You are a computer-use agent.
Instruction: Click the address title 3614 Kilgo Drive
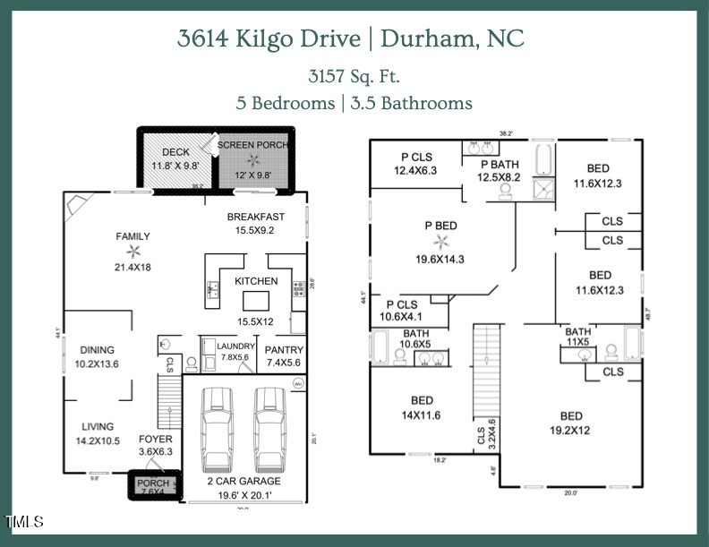click(273, 38)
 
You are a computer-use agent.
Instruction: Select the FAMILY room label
click(132, 236)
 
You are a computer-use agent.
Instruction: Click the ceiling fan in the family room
click(133, 252)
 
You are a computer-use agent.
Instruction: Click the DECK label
click(175, 152)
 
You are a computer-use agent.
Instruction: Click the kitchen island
click(256, 299)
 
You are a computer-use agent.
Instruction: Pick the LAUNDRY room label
click(235, 346)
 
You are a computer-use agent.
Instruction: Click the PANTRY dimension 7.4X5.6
click(285, 363)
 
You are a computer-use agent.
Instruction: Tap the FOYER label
click(155, 439)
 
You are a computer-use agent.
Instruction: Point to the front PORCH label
click(152, 483)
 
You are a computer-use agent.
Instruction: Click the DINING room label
click(98, 350)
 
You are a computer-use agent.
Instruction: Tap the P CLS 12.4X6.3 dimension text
click(417, 170)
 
